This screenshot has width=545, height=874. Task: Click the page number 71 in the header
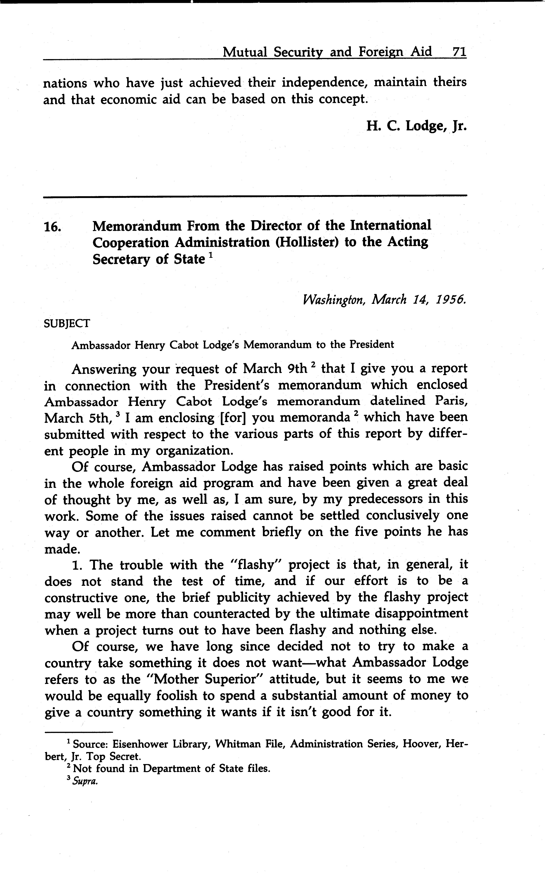[459, 52]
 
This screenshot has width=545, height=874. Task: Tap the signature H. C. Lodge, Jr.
[416, 126]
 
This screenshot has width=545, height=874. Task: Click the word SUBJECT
[67, 323]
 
